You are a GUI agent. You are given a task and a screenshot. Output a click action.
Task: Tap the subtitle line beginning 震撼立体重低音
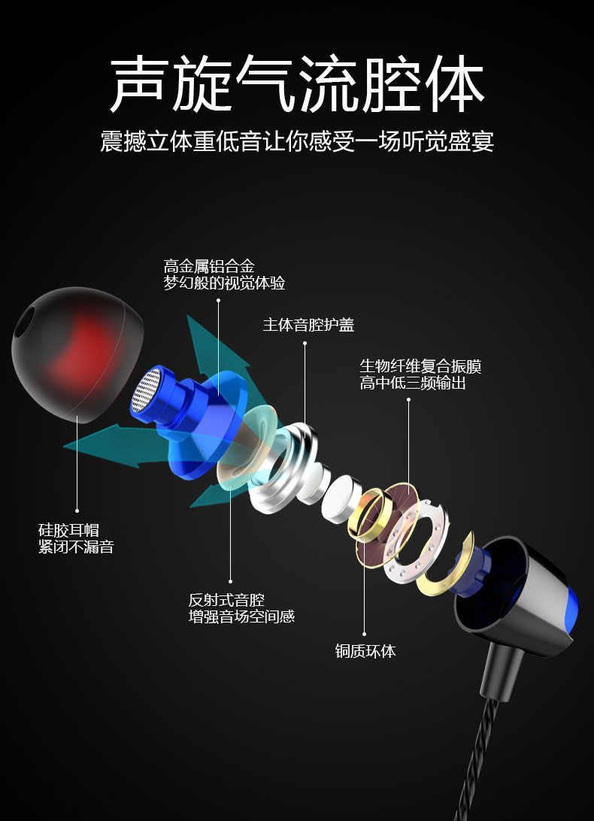[x=297, y=141]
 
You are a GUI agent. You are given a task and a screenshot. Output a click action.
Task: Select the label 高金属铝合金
[x=209, y=266]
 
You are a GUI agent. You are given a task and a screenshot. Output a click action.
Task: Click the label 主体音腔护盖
[x=308, y=325]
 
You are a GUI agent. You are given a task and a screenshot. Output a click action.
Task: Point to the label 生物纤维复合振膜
[x=420, y=367]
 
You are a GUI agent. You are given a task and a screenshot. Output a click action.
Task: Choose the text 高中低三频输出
[x=413, y=383]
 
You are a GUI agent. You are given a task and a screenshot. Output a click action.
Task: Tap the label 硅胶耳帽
[x=68, y=530]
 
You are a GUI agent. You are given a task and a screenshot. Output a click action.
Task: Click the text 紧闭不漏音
[x=76, y=547]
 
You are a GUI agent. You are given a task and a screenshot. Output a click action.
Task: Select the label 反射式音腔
[x=226, y=600]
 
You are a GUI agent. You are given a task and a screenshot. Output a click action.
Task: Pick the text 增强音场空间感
[x=241, y=617]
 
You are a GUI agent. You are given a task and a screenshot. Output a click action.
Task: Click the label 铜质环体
[x=365, y=651]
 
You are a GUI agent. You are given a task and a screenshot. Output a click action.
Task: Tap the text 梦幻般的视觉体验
[x=224, y=283]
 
